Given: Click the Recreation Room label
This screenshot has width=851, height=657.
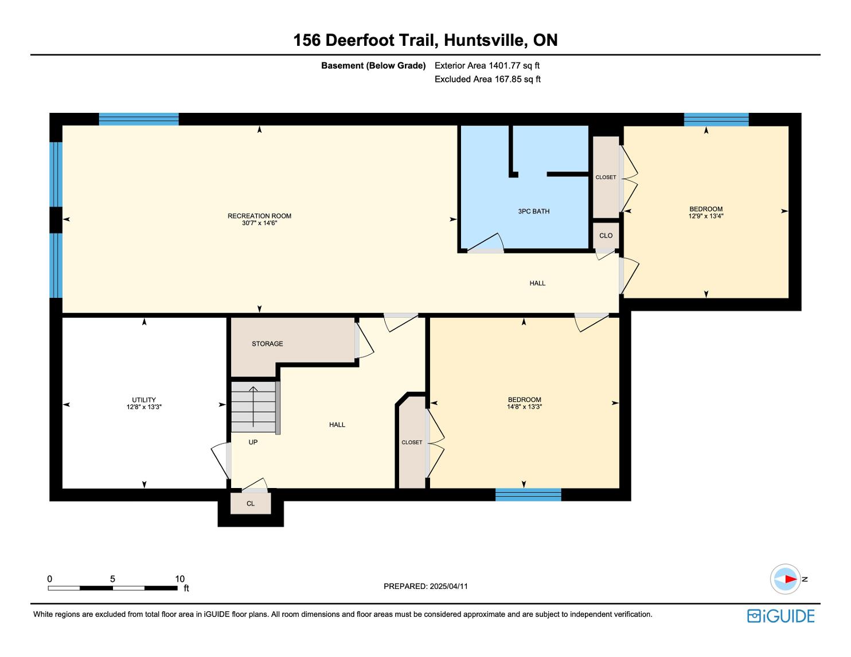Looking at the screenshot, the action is coord(259,216).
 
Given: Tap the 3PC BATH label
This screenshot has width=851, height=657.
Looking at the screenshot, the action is coord(533,211).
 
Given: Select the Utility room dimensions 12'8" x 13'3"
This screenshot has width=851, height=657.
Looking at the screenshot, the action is coord(144,407).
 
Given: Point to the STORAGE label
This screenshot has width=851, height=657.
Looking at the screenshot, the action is coord(267,344).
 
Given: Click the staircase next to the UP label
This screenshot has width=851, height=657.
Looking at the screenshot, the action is coord(253,407).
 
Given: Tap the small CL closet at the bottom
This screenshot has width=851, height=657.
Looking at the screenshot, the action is coord(251,503).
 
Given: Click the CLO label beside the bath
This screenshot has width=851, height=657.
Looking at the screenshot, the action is coord(606,235).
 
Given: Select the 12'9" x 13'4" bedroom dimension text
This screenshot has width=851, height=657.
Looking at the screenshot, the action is coord(706,217).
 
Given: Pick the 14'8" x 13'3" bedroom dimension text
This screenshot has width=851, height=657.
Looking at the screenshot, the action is coord(524,407).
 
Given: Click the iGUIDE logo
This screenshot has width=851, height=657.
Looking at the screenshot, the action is coord(780,616).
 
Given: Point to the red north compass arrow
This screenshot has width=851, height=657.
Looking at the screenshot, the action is coord(790,579).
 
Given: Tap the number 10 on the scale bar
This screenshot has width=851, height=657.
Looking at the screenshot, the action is coord(179,579).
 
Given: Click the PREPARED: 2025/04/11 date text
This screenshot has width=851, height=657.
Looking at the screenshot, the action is coord(425,586).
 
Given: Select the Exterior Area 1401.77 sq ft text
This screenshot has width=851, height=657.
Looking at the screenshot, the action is coord(487,65).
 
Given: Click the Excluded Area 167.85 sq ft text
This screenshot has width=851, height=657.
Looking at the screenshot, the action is coord(487,79).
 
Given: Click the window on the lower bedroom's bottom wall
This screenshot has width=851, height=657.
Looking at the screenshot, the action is coord(528,495).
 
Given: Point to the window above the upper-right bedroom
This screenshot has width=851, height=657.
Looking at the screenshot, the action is coord(716,119).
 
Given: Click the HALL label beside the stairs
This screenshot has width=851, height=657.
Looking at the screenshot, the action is coord(337,424).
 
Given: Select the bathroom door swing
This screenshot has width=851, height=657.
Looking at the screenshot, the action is coord(486,243).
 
